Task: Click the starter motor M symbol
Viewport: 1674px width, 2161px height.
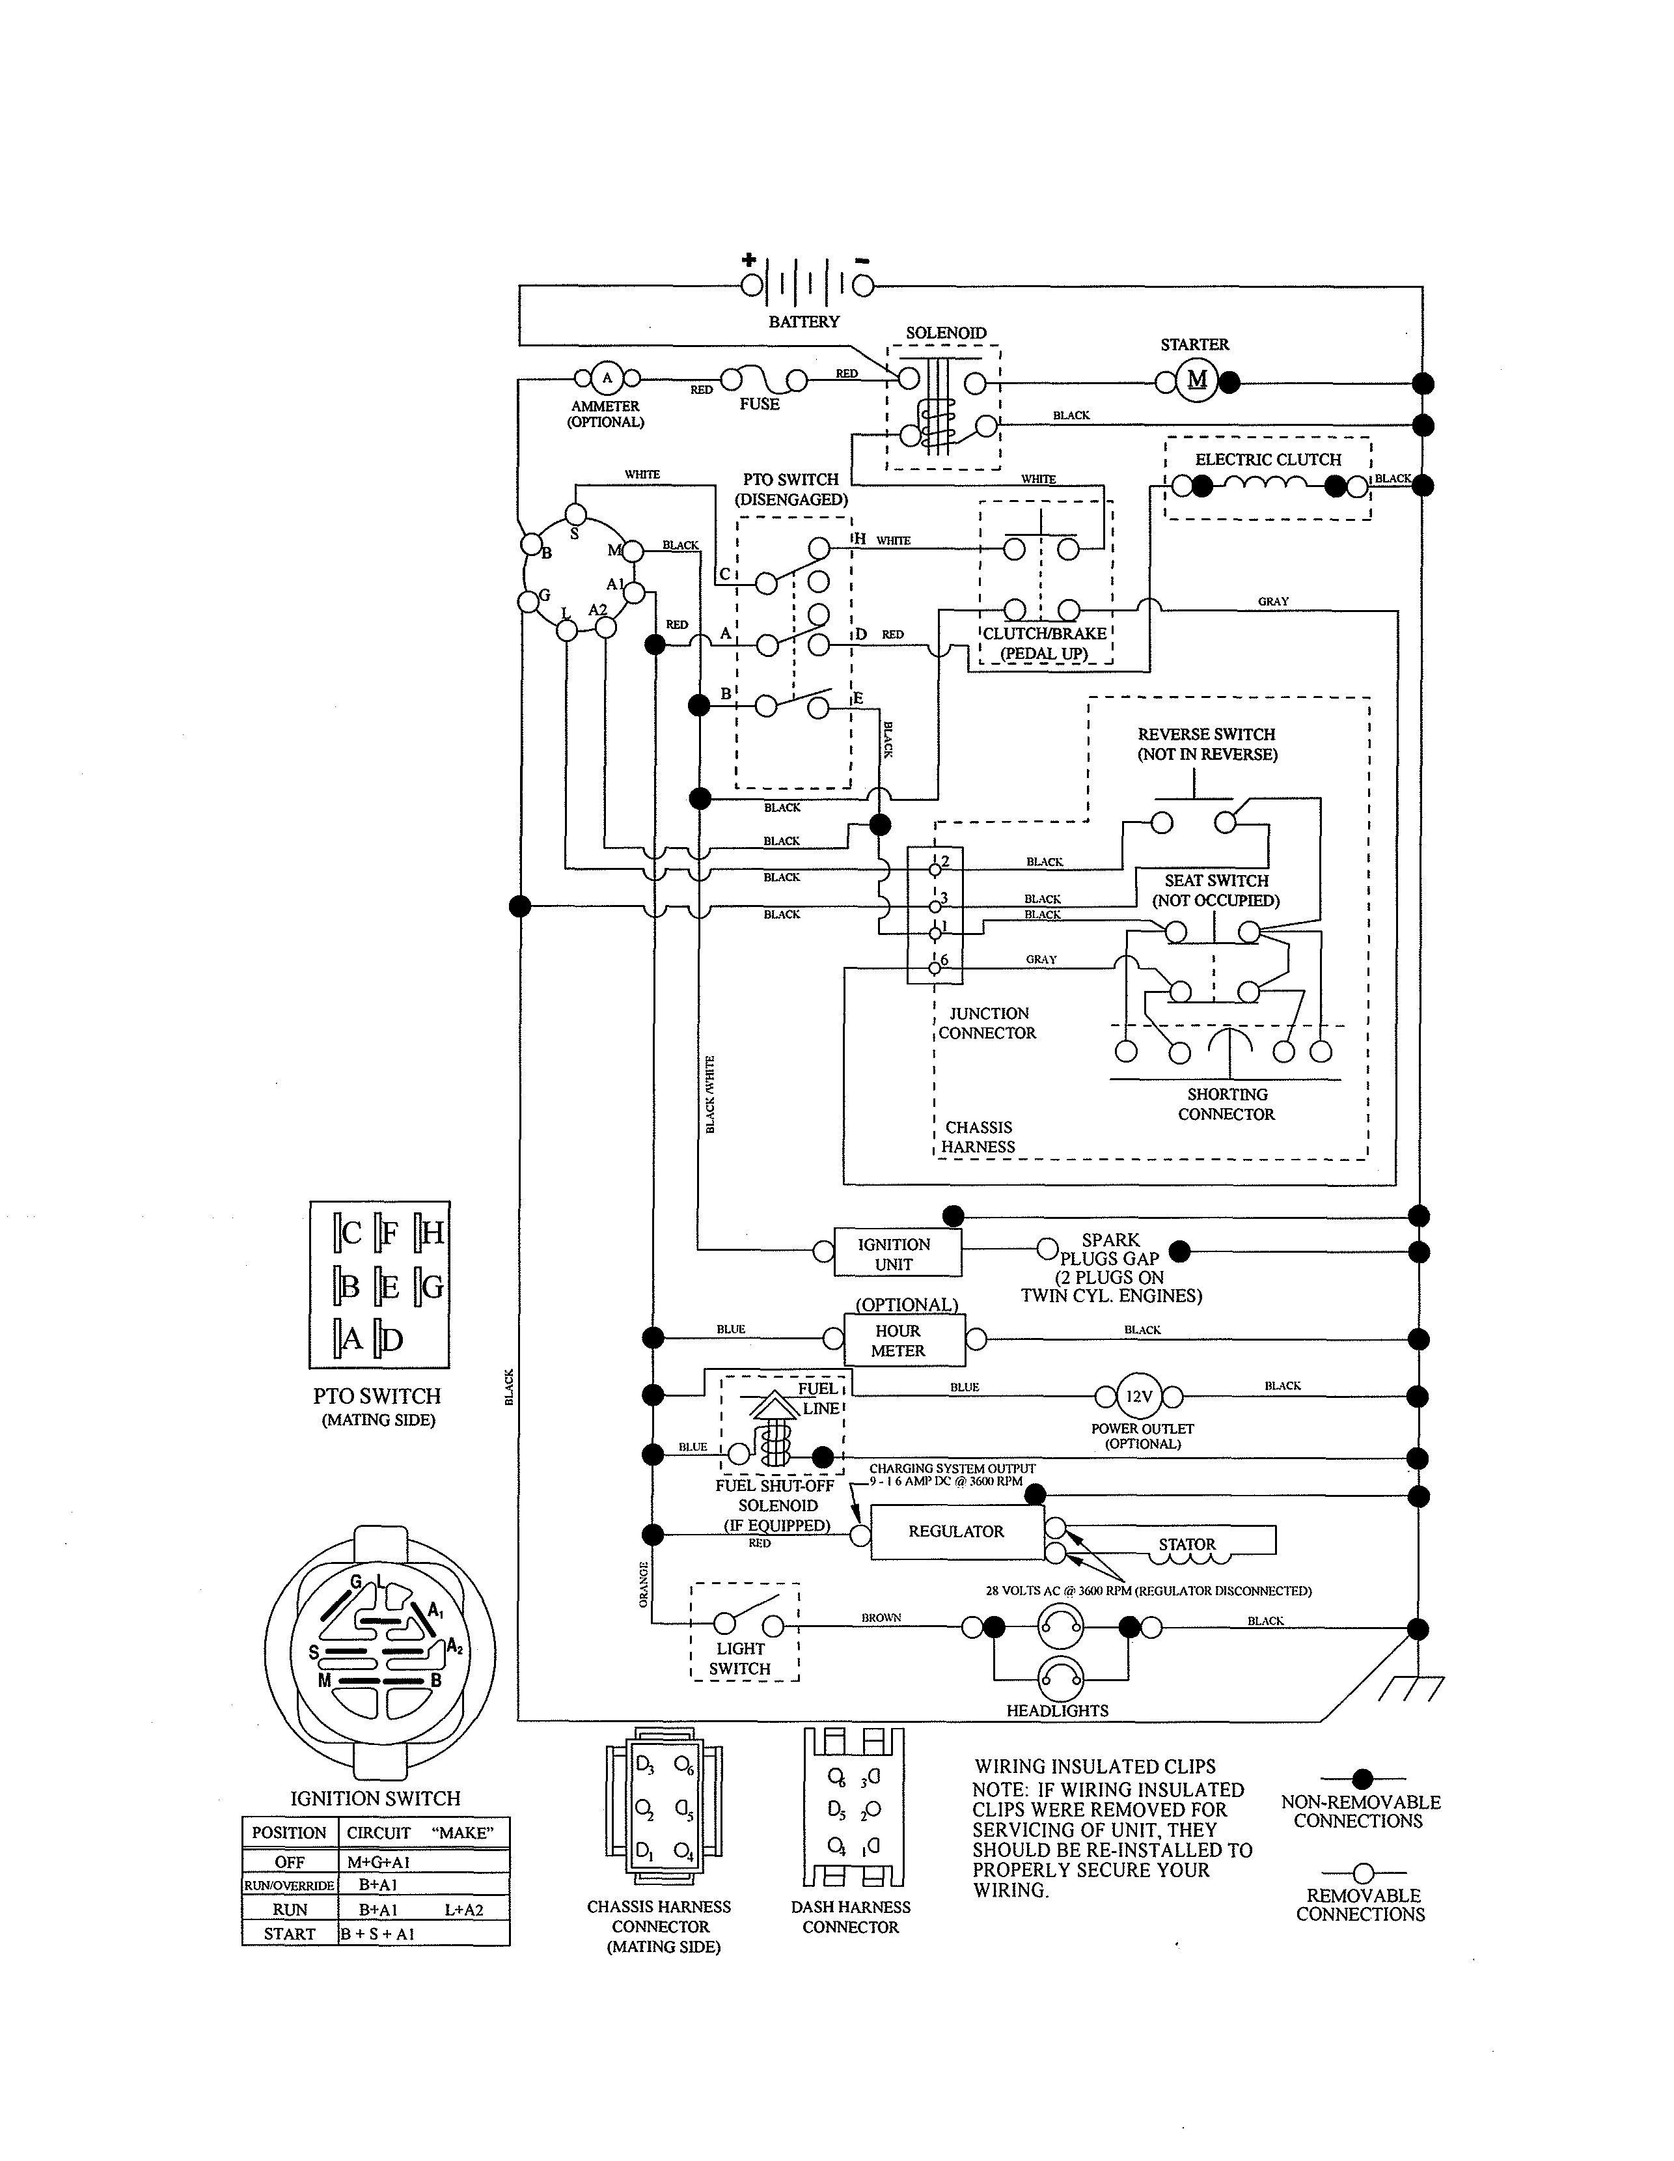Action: point(1197,381)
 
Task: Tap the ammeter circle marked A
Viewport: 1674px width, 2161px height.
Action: point(607,378)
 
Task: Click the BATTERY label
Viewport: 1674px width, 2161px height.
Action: point(803,322)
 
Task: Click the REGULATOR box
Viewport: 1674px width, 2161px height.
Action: point(955,1531)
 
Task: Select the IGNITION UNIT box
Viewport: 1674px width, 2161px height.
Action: point(894,1253)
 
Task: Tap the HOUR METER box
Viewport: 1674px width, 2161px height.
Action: point(898,1341)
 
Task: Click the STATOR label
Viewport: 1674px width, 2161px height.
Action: point(1187,1544)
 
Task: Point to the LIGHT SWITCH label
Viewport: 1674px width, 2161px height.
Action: point(739,1658)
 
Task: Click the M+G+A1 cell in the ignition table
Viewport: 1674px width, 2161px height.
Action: point(378,1862)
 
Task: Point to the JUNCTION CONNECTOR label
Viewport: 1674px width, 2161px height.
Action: point(987,1023)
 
